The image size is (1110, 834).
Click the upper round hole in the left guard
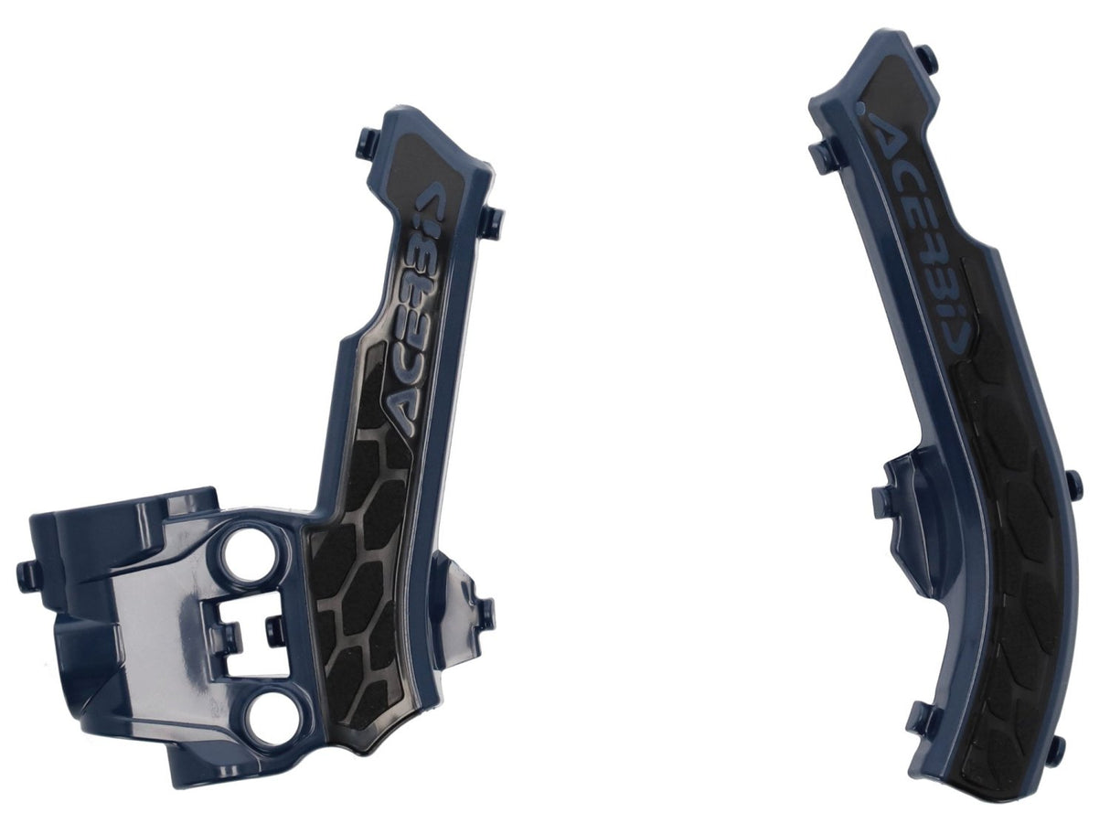click(x=246, y=558)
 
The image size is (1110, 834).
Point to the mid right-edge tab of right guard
click(x=1072, y=483)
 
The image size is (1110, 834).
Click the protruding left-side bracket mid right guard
click(x=891, y=498)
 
